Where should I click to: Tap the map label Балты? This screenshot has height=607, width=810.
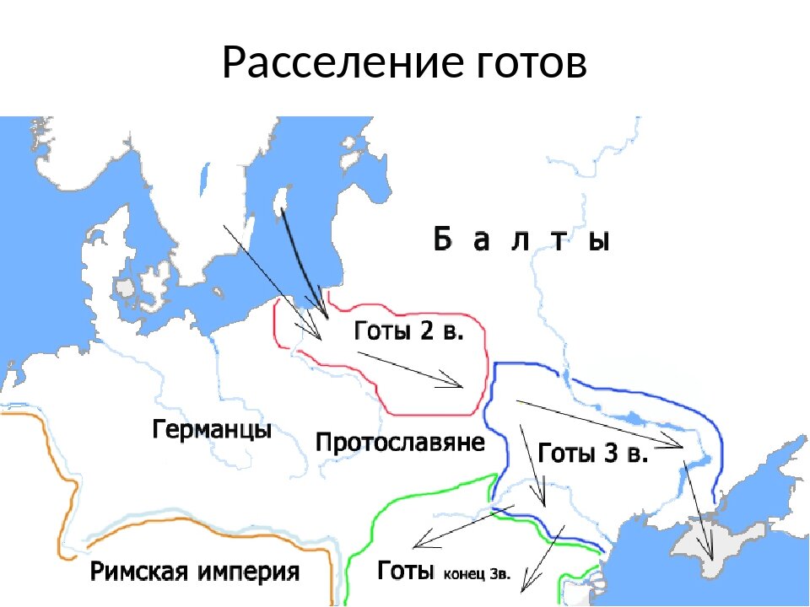pyautogui.click(x=521, y=239)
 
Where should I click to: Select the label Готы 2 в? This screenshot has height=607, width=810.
pyautogui.click(x=408, y=330)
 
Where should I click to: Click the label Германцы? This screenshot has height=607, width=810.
pyautogui.click(x=212, y=430)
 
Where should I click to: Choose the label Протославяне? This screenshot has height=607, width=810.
pyautogui.click(x=400, y=442)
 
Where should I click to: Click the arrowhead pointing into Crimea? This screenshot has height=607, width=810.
pyautogui.click(x=710, y=556)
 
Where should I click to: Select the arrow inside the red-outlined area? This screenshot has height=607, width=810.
pyautogui.click(x=410, y=370)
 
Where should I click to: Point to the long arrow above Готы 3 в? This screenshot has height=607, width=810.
pyautogui.click(x=599, y=422)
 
